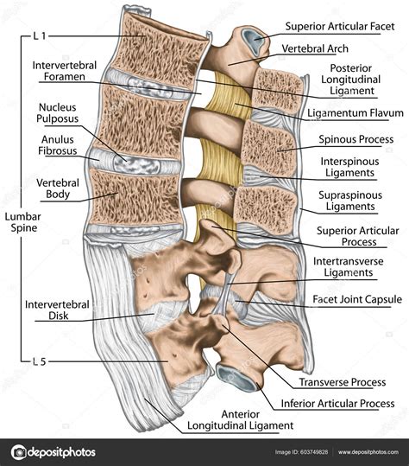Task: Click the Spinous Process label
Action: pos(356,139)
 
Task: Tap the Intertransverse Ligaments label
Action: pos(343,267)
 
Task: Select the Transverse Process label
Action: pos(341,381)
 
